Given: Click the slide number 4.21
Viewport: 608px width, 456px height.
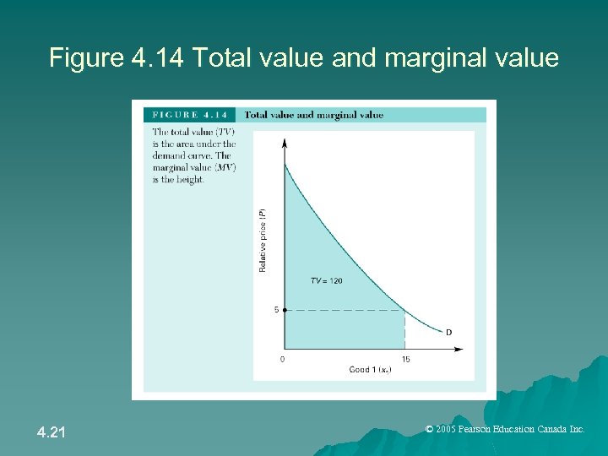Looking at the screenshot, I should click(52, 433).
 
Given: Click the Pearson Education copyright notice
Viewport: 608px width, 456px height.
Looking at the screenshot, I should click(505, 429).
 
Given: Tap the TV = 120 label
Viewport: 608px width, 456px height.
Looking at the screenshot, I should click(327, 280).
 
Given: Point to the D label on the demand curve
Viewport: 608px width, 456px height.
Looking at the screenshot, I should click(448, 332).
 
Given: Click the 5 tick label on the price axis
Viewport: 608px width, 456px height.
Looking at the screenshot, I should click(276, 310).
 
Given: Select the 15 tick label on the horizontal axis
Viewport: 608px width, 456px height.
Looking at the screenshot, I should click(405, 359).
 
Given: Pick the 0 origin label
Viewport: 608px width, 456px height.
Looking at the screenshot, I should click(282, 359).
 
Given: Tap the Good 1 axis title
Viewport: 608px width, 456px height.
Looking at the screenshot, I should click(369, 369).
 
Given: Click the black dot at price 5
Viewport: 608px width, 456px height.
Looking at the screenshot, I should click(285, 310).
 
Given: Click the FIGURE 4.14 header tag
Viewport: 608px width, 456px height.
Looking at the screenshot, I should click(190, 115).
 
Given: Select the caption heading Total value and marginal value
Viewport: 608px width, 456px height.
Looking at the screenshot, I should click(314, 115).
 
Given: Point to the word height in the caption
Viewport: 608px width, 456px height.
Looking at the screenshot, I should click(190, 179).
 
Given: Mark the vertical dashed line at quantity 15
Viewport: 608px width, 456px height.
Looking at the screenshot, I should click(405, 329).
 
